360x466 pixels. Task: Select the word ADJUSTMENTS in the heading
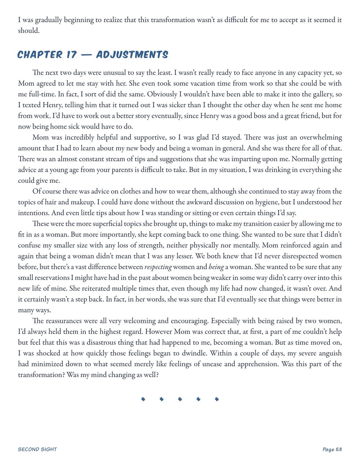pos(132,55)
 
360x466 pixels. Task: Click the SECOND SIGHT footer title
pos(37,449)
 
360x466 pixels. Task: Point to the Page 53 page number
pos(332,449)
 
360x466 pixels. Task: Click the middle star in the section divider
pos(180,399)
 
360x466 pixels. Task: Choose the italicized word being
pos(216,267)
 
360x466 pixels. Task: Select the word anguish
pos(330,353)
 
